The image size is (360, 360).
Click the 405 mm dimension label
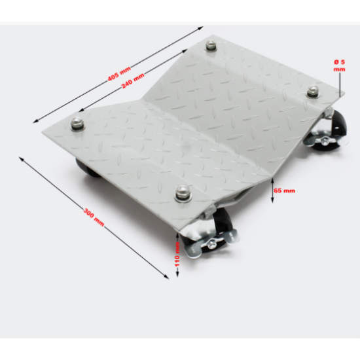coord(119,73)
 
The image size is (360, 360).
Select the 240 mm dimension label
coord(133,81)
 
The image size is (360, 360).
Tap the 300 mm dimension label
coord(94,217)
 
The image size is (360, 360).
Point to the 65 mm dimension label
coord(284,190)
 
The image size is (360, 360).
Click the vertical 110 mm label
coord(177,255)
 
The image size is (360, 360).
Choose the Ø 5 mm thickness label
coord(340,65)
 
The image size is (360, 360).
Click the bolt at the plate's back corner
coord(211,45)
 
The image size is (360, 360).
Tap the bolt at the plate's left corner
coord(77,124)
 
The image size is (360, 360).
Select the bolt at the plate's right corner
coord(313,91)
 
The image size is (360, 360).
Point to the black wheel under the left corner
coord(87,168)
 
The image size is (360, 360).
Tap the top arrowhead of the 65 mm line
coord(272,180)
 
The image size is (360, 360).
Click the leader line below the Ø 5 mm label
coord(340,84)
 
